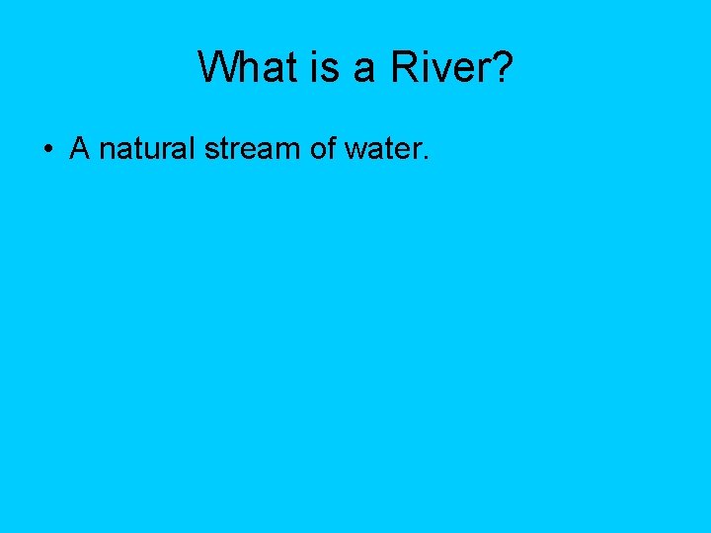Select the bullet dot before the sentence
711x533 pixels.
46,151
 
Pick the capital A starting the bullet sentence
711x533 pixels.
80,149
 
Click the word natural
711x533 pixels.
148,149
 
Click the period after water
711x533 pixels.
425,158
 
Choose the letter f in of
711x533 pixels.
340,148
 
